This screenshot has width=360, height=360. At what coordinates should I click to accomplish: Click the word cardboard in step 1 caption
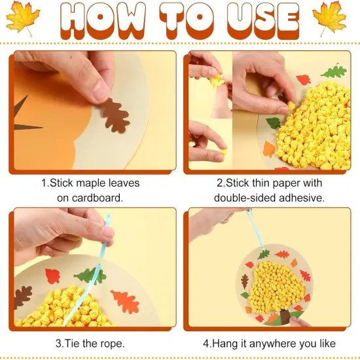[99, 197]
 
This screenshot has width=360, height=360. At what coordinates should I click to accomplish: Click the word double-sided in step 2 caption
[245, 197]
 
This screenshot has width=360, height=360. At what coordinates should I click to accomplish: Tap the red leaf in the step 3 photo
[52, 276]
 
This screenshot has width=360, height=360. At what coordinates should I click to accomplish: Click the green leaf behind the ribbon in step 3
[90, 276]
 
